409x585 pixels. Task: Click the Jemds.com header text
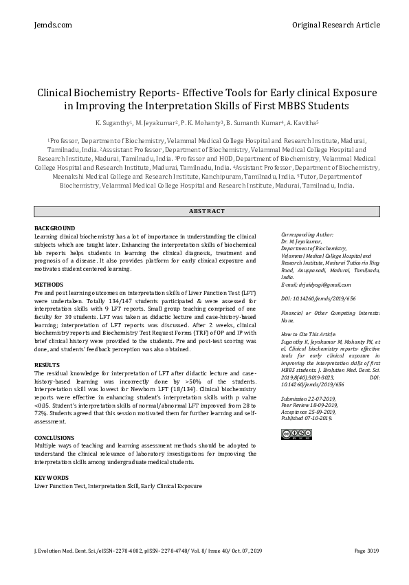[x=52, y=25]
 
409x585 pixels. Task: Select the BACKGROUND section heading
[x=54, y=228]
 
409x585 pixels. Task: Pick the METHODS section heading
[x=49, y=285]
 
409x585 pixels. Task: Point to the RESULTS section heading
[x=47, y=365]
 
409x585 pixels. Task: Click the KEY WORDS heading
[x=52, y=478]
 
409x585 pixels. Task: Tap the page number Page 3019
[x=366, y=551]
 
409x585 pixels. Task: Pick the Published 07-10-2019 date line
[x=307, y=417]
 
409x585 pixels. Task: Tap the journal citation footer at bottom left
[x=148, y=551]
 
